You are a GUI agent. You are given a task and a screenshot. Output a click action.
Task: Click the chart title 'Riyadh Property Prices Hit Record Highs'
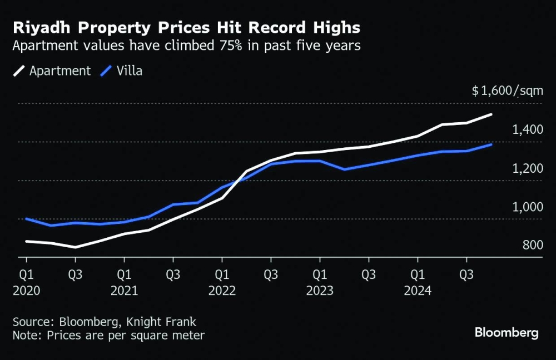186,28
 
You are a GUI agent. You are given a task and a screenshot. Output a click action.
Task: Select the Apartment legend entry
52,71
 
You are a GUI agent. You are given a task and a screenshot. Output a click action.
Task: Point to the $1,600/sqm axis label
507,91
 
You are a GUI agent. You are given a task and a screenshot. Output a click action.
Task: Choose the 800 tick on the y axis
532,246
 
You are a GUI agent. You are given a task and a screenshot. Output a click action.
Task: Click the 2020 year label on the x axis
26,291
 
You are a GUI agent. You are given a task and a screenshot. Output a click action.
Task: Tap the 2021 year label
124,291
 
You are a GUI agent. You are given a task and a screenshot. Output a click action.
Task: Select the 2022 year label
222,291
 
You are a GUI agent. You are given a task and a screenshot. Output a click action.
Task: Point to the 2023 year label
320,291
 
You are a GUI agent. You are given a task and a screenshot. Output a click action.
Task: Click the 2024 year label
418,291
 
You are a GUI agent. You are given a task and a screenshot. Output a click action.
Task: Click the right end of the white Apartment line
491,114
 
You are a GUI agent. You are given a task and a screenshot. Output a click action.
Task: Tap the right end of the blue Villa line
491,144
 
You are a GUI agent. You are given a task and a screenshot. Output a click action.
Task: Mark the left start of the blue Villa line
27,219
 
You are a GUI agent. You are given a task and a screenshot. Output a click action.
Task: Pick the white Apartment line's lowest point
75,247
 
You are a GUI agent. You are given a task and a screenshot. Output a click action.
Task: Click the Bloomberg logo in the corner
506,333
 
